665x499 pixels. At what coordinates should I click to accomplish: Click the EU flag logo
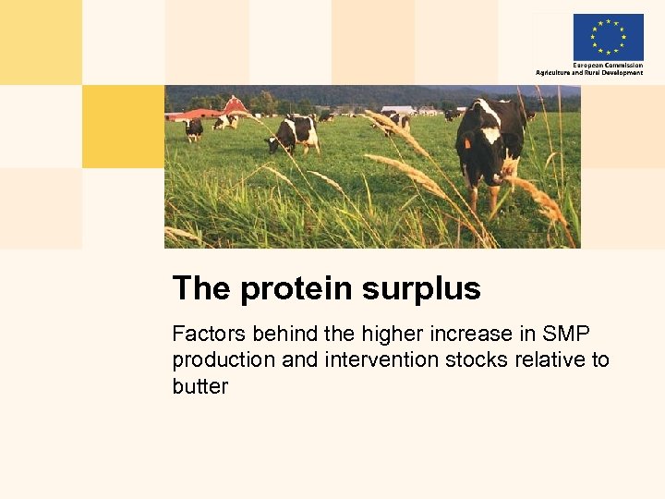click(608, 37)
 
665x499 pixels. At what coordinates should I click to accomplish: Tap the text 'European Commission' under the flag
click(608, 66)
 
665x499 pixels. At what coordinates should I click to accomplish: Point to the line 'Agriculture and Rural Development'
click(589, 73)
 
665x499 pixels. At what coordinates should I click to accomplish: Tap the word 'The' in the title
click(201, 288)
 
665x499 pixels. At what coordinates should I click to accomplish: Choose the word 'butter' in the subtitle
click(199, 385)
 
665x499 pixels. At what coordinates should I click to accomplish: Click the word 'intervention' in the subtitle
click(380, 359)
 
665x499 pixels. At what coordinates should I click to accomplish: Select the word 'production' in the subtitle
click(224, 359)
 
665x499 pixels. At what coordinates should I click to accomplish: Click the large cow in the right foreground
click(490, 143)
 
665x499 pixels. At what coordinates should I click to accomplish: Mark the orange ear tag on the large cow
click(467, 142)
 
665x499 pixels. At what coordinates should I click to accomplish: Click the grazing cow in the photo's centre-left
click(294, 134)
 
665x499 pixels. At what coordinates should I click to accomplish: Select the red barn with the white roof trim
click(235, 105)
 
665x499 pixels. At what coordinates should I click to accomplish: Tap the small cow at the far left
click(192, 128)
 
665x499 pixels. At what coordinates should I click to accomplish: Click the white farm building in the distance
click(398, 110)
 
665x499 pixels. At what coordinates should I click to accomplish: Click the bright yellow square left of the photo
click(123, 127)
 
